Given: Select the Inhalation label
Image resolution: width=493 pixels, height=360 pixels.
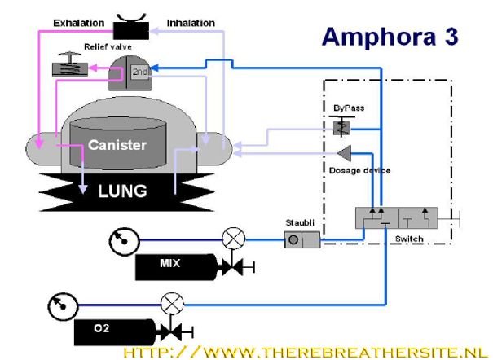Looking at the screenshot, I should click(191, 22).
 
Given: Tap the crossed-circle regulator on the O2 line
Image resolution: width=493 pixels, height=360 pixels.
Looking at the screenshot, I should click(172, 304).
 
